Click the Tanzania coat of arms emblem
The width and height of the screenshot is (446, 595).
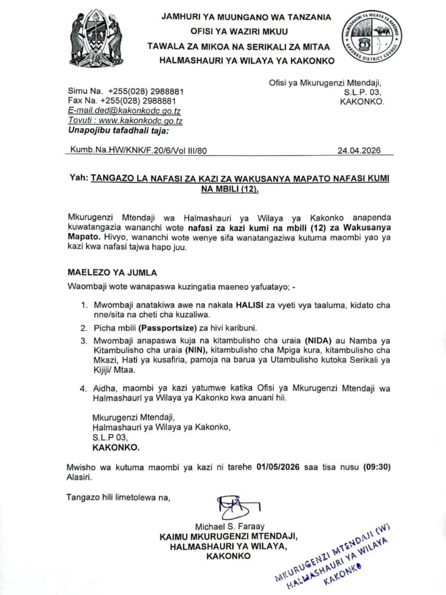coord(96,38)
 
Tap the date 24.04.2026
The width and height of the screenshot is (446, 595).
coord(359,150)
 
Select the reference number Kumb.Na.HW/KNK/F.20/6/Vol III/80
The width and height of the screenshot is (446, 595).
coord(138,150)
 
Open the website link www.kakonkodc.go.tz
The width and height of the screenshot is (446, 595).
coord(140,121)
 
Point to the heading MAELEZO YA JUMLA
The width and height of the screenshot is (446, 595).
coord(112,273)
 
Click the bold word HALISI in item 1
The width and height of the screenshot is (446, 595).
coord(249,305)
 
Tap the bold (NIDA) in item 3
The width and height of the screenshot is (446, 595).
coord(318,341)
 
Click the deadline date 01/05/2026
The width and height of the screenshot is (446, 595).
coord(278,467)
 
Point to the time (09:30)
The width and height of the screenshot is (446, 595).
coord(377,467)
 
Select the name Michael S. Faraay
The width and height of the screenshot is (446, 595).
coord(230,526)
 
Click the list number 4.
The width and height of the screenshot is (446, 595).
coord(83,388)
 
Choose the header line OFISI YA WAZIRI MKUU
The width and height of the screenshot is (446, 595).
coord(239,31)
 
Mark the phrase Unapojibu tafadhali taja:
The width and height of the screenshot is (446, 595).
coord(119,131)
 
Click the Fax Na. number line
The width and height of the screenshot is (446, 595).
coord(122,101)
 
